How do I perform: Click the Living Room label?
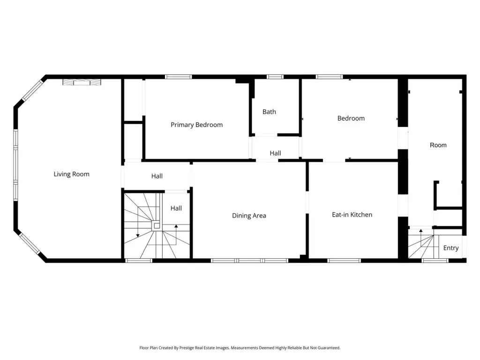71,174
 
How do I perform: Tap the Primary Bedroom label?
196,125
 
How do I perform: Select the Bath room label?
269,112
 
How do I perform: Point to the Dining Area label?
249,216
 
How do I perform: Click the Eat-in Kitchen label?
352,215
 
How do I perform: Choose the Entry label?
451,248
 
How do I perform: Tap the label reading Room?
438,145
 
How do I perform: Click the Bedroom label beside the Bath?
351,119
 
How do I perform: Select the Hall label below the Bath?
275,153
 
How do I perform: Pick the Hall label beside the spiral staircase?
176,208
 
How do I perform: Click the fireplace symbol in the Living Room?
82,82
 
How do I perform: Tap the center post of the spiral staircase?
157,226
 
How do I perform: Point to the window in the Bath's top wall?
275,77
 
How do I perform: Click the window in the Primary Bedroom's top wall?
179,77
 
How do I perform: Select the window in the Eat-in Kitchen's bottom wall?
344,261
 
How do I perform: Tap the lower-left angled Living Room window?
30,244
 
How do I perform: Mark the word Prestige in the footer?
187,348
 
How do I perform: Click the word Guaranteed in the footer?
329,348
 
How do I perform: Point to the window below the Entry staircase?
435,261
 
